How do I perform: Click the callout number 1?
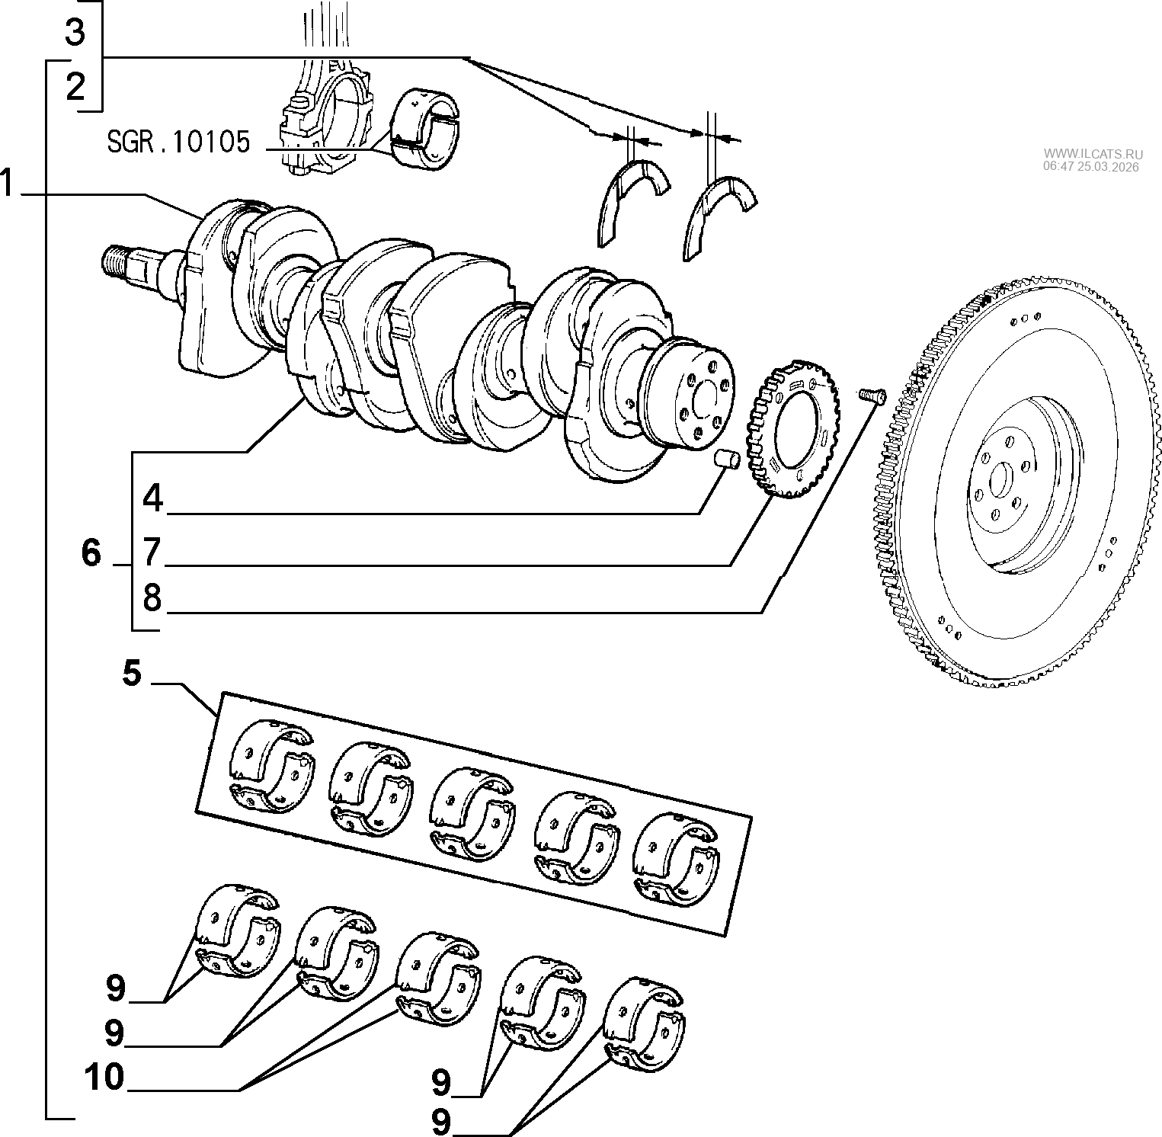click(x=8, y=184)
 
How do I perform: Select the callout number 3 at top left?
click(x=75, y=33)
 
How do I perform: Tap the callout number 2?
click(x=75, y=88)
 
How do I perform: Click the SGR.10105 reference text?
click(x=178, y=142)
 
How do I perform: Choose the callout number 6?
click(x=91, y=552)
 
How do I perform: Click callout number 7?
click(x=153, y=551)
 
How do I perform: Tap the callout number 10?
click(x=104, y=1078)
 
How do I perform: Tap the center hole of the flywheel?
click(x=998, y=482)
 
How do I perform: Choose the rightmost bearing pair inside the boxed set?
click(x=677, y=862)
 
